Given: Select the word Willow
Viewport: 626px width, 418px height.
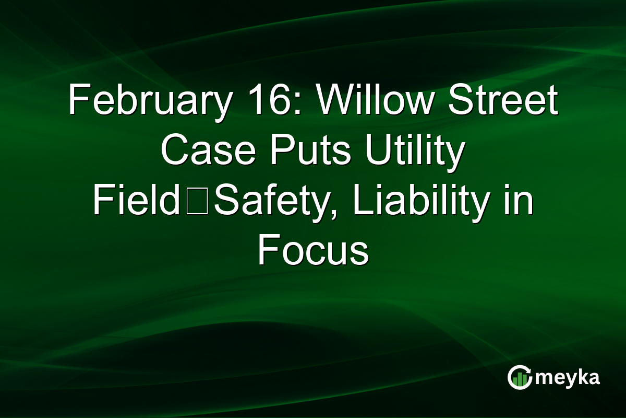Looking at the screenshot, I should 377,101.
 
